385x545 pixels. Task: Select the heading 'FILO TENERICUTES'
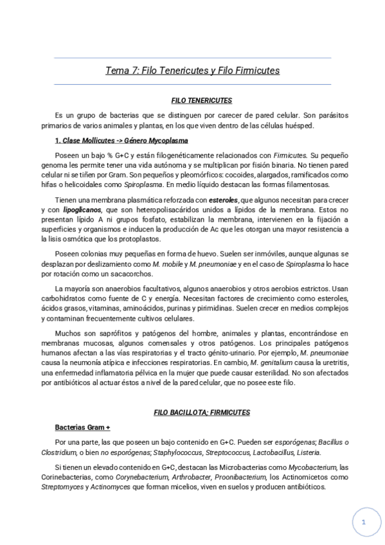tap(202, 100)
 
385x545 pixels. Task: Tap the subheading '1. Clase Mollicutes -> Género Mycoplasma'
tap(121, 140)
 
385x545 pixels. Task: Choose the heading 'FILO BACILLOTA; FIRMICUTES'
tap(201, 412)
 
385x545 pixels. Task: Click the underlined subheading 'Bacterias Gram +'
tap(83, 427)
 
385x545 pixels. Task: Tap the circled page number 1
tap(364, 523)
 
